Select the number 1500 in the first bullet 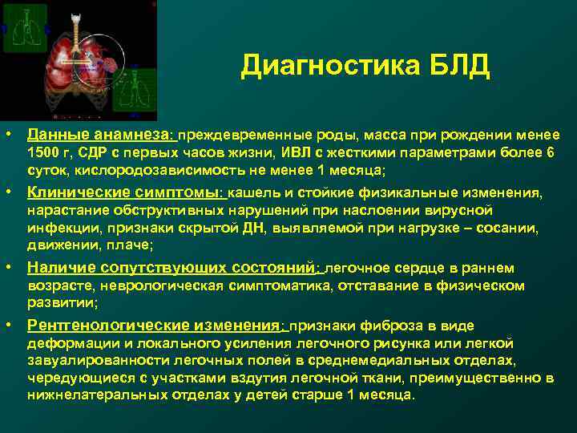pyautogui.click(x=43, y=153)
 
